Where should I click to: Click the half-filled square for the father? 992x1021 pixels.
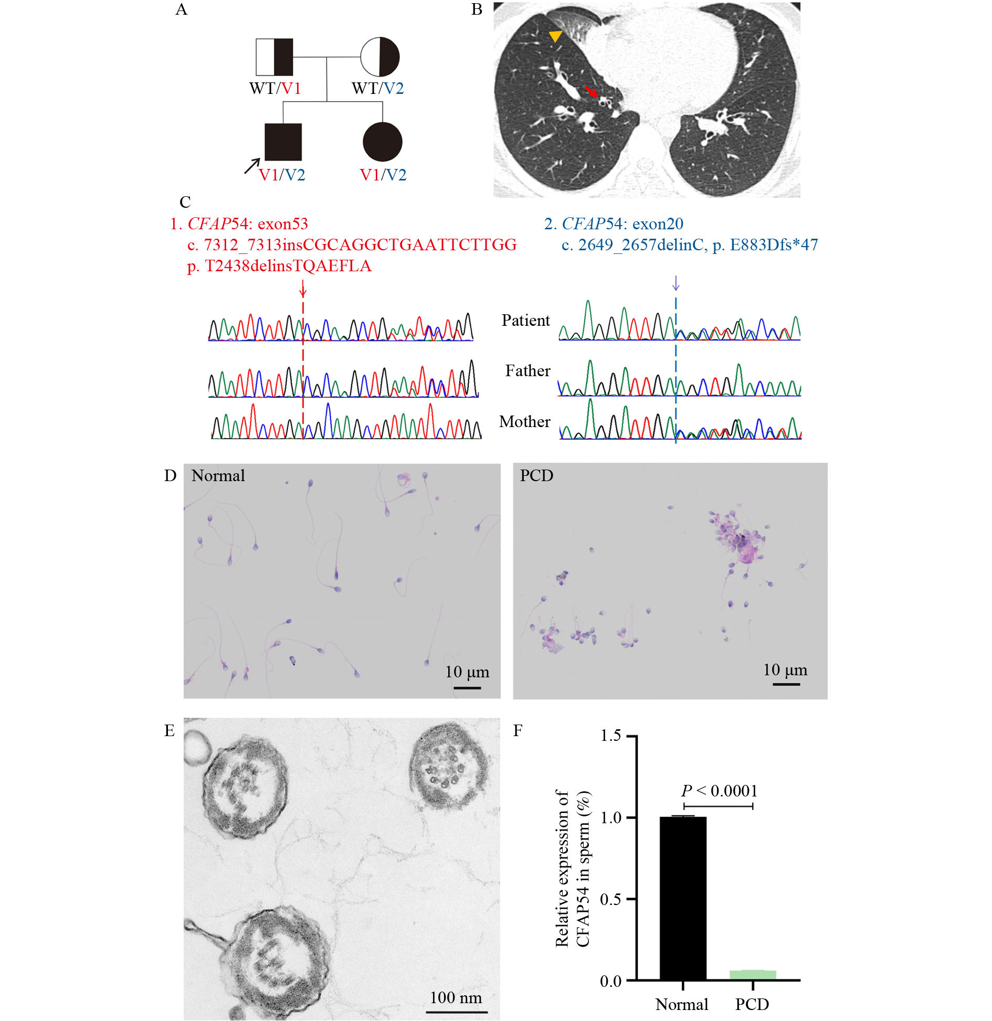275,57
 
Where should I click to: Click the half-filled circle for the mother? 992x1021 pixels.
380,57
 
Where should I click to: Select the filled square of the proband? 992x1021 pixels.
283,142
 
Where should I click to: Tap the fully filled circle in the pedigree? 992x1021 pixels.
383,142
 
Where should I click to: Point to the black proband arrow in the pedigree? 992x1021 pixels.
252,166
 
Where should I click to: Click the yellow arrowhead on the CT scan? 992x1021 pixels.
555,36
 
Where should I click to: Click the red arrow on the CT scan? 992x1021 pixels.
591,91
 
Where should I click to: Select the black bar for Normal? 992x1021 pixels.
683,898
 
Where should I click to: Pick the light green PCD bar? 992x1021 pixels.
753,975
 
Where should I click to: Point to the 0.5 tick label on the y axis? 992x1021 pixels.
611,899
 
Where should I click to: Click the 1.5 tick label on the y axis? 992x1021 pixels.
611,736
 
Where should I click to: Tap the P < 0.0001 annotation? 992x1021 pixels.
720,791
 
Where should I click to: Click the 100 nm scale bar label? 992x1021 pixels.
456,997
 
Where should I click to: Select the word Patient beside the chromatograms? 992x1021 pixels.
526,320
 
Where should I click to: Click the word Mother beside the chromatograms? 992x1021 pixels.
525,421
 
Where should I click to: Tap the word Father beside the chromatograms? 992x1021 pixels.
528,370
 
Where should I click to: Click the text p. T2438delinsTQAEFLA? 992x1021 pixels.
279,266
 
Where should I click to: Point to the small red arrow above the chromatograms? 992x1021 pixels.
303,288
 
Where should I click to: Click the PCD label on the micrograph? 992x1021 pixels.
536,475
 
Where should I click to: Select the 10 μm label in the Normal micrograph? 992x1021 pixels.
467,672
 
